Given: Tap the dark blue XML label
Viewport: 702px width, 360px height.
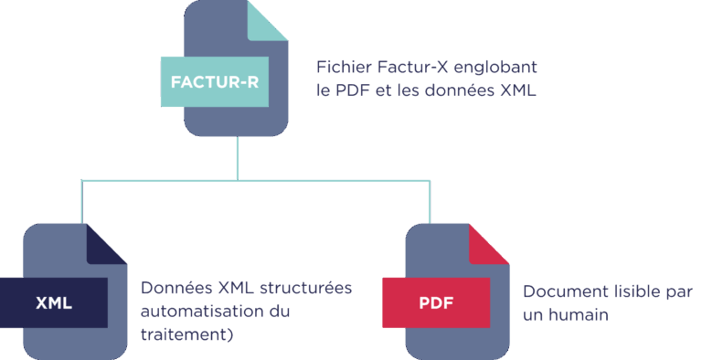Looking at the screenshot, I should click(x=53, y=302).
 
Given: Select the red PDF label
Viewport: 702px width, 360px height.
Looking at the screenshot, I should click(x=435, y=302).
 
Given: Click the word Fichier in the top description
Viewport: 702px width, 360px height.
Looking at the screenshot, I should click(x=342, y=68).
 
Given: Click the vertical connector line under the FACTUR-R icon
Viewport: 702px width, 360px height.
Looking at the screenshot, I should click(x=238, y=157).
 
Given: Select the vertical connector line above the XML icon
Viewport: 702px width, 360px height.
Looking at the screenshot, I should click(x=82, y=201).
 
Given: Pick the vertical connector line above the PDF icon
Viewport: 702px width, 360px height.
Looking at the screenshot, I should click(x=430, y=201).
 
